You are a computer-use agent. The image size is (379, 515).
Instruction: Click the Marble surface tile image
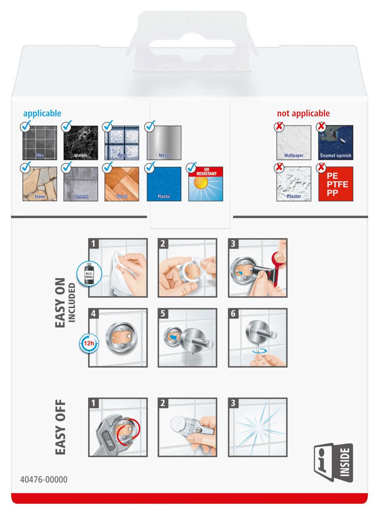tap(81, 143)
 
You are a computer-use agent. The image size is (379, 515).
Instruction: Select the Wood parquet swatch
tap(122, 184)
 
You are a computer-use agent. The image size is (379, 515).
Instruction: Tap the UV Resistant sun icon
tap(206, 184)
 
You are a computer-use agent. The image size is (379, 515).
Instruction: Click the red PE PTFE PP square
tap(336, 184)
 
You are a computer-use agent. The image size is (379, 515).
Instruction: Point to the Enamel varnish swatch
tap(336, 142)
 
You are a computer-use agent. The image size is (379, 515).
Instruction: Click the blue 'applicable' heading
tap(42, 113)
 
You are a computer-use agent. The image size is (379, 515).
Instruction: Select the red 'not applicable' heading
tap(303, 113)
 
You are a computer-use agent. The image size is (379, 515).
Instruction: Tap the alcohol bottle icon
tap(89, 274)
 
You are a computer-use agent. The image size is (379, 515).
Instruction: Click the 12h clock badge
tap(89, 344)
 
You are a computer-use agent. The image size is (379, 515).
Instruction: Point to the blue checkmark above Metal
tap(150, 126)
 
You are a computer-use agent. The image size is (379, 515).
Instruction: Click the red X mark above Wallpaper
tap(279, 127)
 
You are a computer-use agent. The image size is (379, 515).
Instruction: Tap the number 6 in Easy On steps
tap(233, 313)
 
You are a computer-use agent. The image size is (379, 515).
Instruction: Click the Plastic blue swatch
tap(164, 184)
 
